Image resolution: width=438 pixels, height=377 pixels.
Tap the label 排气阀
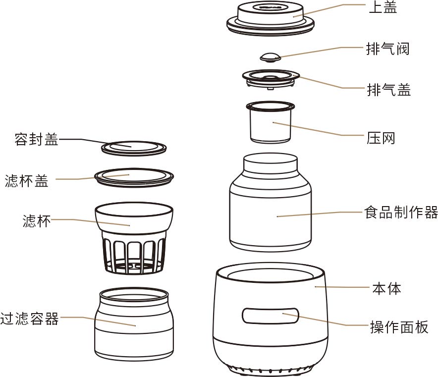coord(388,49)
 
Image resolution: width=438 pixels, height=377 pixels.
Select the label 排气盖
coord(388,90)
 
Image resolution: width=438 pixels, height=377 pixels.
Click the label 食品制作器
coord(401,213)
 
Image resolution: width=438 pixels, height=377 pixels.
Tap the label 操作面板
coord(399,327)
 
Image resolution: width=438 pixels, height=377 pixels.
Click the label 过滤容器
coord(30,318)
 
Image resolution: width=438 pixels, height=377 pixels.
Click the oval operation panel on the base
coord(271,316)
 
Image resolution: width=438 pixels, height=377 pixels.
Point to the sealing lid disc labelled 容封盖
coord(133,148)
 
